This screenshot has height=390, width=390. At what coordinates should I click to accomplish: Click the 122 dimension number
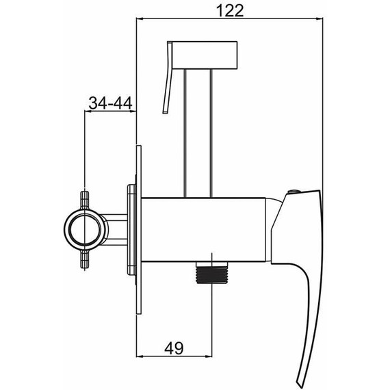click(230, 11)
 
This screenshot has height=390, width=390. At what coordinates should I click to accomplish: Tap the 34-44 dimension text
click(110, 103)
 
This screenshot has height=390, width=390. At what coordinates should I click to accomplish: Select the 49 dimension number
click(174, 348)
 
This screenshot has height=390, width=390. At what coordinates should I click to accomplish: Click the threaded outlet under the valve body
click(211, 272)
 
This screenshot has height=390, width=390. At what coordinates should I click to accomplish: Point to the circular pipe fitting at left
click(85, 229)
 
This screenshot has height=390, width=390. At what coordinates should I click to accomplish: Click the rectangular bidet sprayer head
click(205, 55)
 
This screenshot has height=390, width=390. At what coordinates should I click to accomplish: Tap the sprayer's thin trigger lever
click(168, 77)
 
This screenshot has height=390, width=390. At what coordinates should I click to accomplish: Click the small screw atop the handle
click(294, 192)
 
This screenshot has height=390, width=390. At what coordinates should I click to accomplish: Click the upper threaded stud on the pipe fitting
click(85, 200)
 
